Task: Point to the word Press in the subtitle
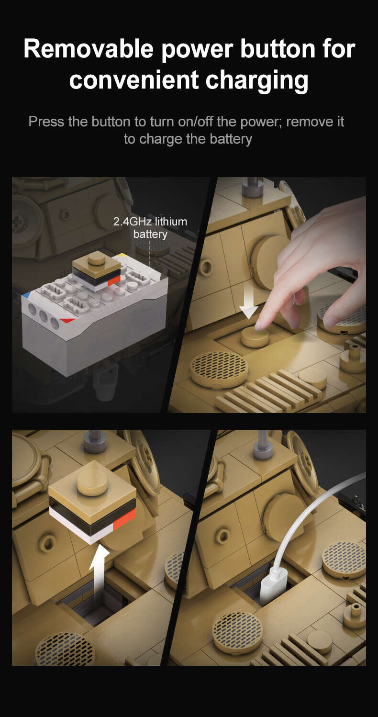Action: [x=46, y=122]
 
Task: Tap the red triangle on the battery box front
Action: [x=67, y=320]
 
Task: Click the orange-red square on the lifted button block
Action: [x=124, y=517]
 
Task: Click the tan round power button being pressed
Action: [x=255, y=337]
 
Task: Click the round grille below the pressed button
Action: [x=219, y=369]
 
